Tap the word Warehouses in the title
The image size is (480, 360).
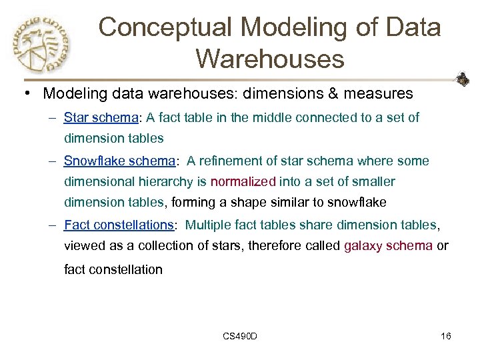coord(270,59)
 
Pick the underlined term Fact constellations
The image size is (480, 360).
coord(119,225)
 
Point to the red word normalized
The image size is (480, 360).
coord(243,181)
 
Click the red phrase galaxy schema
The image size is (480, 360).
coord(388,245)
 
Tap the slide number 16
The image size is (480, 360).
coord(446,336)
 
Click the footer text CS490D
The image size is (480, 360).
coord(240,336)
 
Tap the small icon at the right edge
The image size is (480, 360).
coord(462,80)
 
